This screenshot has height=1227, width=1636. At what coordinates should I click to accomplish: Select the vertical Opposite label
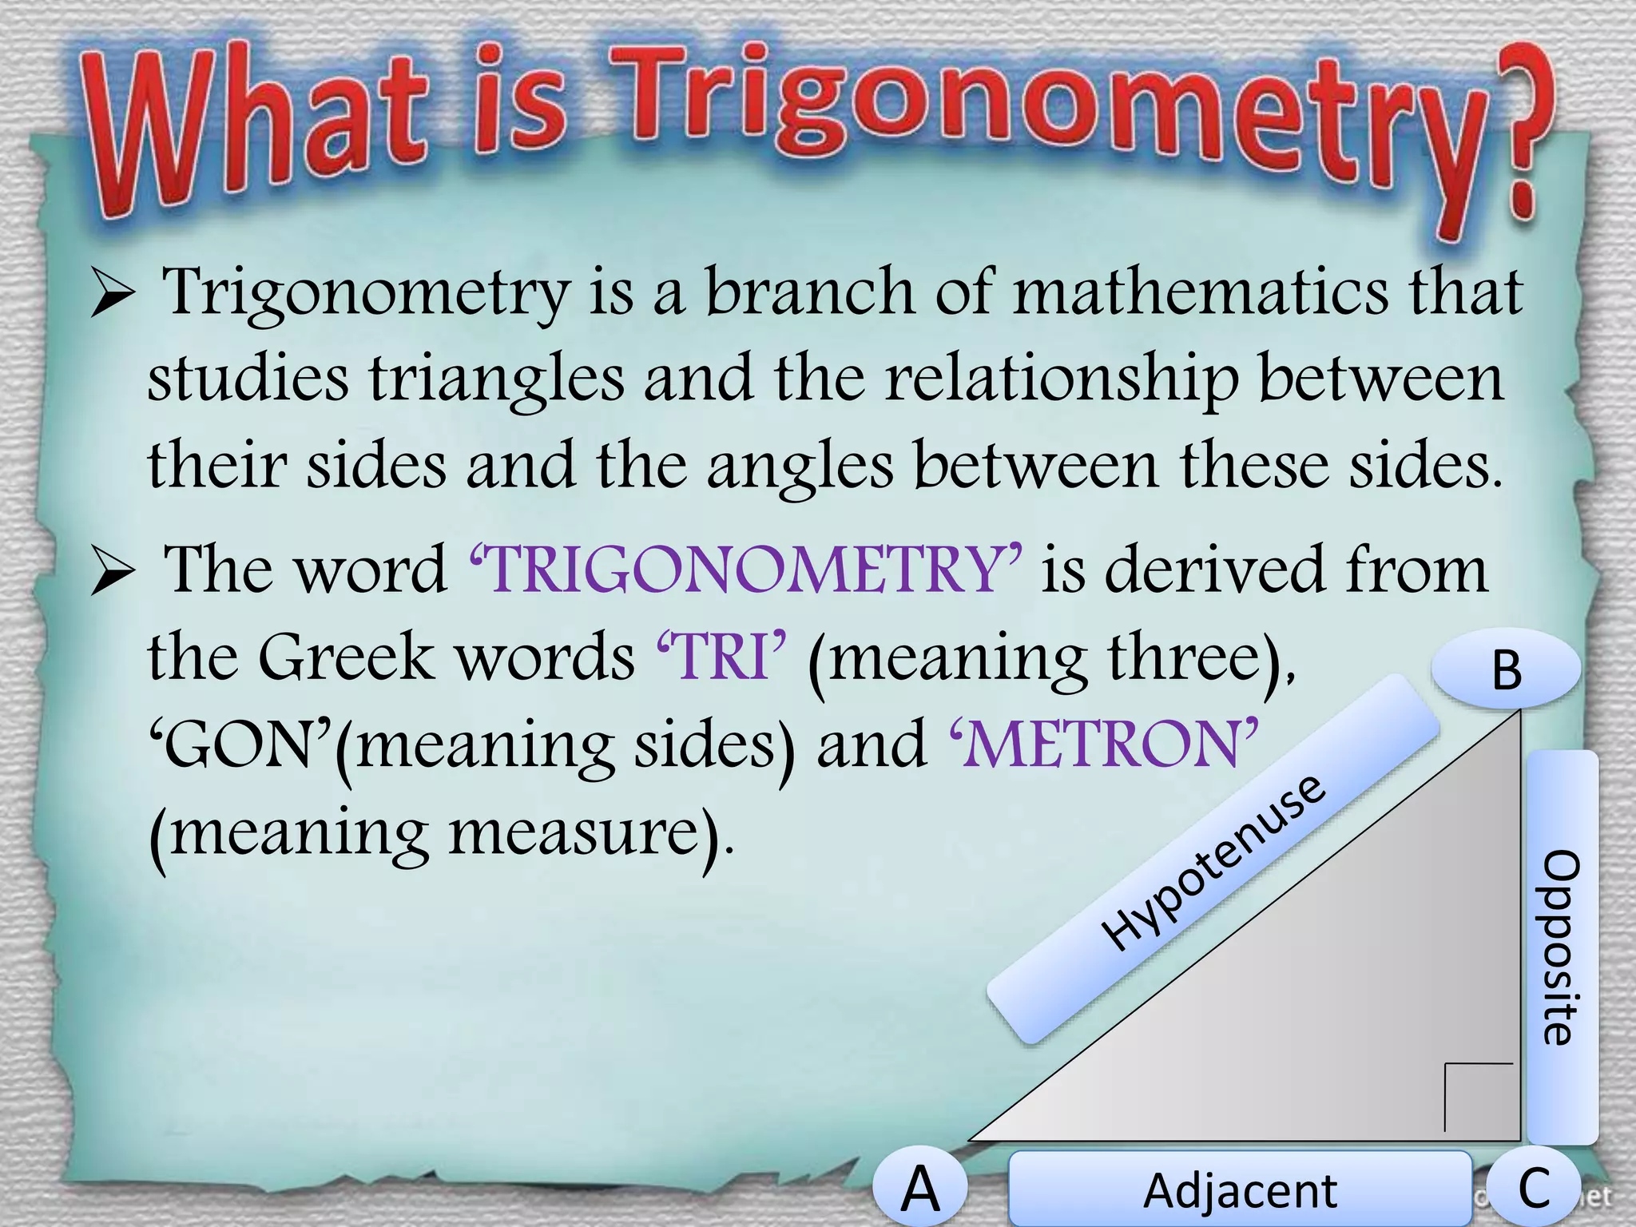tap(1562, 947)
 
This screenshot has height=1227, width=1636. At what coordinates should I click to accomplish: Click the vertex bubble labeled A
tap(920, 1189)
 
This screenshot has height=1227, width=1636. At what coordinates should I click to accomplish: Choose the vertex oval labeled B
tap(1506, 669)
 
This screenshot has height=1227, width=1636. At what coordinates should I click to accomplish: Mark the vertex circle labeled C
tap(1534, 1187)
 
